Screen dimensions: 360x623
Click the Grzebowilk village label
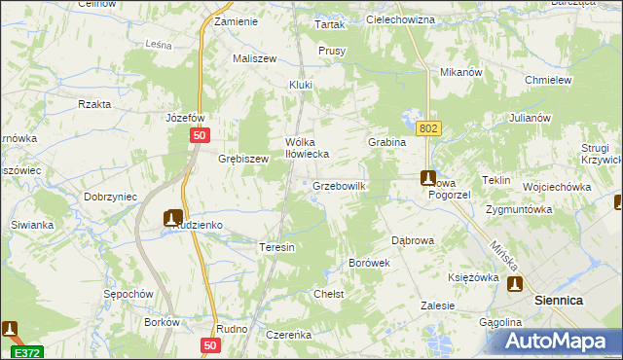click(x=339, y=185)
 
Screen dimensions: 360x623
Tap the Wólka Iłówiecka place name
click(x=308, y=147)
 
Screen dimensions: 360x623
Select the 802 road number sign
click(x=427, y=128)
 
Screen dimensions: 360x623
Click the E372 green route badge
click(x=26, y=350)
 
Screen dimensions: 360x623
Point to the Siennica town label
click(x=559, y=301)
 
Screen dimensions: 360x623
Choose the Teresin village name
click(x=276, y=247)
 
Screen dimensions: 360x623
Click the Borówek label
click(x=369, y=263)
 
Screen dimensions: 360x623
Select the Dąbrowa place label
click(x=412, y=238)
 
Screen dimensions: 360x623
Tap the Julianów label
click(x=531, y=118)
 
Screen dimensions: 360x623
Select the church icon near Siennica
click(x=514, y=284)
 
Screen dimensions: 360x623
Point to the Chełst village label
click(x=328, y=293)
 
